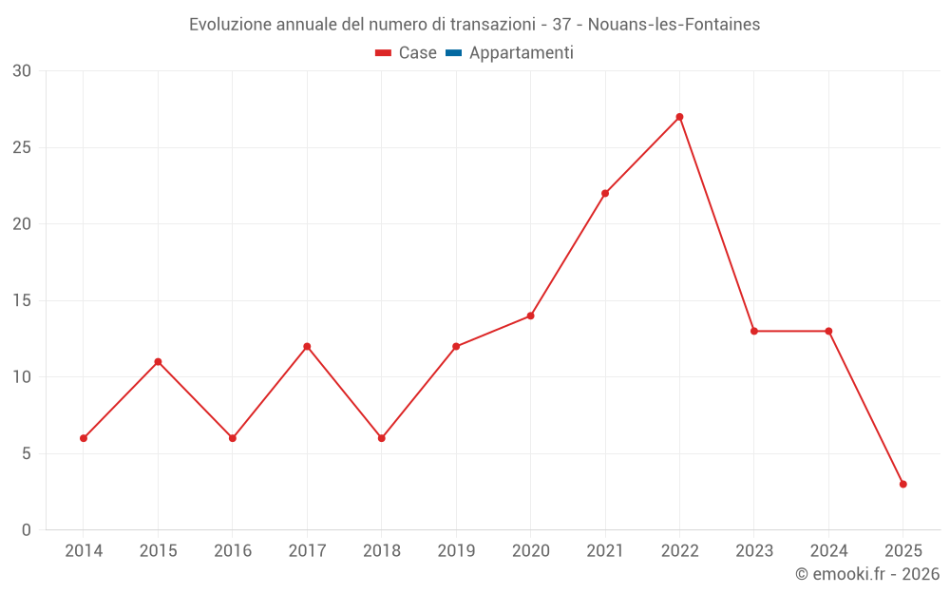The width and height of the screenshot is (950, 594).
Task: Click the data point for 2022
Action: [x=679, y=117]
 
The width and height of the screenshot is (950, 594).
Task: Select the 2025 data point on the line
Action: [x=902, y=484]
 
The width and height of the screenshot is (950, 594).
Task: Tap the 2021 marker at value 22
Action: [x=605, y=193]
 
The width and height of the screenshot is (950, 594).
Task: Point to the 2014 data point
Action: [x=84, y=438]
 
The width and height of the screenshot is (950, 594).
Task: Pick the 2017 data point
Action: [x=307, y=346]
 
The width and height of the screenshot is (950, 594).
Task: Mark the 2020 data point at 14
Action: [x=530, y=316]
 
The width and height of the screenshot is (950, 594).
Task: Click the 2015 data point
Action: [x=158, y=361]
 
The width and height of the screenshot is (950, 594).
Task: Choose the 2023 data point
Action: [x=753, y=331]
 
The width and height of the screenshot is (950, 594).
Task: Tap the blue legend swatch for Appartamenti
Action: [x=453, y=53]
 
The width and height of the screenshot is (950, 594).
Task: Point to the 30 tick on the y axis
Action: [x=22, y=71]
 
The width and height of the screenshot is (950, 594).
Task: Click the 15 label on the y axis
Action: [x=22, y=300]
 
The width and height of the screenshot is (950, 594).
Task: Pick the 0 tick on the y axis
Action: [x=27, y=529]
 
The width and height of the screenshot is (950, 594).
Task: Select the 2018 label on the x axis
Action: [x=381, y=551]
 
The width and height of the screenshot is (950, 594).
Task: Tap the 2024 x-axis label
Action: [x=828, y=551]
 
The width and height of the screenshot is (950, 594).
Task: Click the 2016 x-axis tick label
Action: [x=233, y=551]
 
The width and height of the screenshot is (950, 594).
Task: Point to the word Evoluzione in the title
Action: [x=230, y=25]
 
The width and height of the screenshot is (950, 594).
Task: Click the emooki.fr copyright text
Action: [x=867, y=574]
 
